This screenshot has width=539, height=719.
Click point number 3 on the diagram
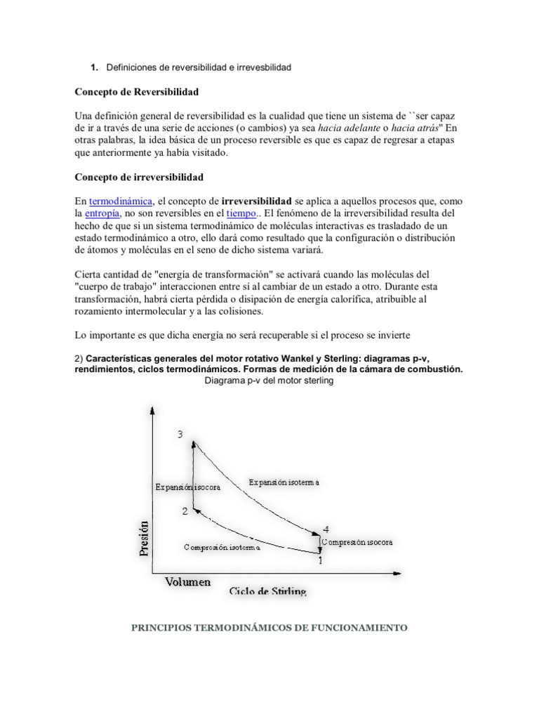pos(181,435)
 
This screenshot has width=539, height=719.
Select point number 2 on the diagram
pos(185,512)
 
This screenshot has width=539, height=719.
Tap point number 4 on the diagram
pos(325,529)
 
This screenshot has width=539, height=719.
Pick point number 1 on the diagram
pos(321,560)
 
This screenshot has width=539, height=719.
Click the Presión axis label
pos(145,538)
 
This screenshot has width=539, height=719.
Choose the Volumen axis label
pos(187,581)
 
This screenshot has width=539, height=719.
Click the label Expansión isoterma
pos(284,482)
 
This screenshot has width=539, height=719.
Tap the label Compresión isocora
pos(358,542)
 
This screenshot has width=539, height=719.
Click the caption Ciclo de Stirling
pos(267,591)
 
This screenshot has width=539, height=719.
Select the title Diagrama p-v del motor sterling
pos(269,381)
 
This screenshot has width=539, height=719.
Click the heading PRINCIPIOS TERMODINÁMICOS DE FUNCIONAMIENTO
pos(269,628)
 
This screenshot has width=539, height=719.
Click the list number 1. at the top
pos(93,67)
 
